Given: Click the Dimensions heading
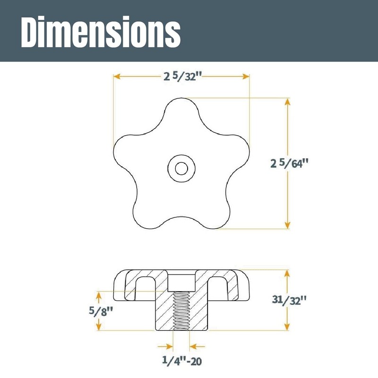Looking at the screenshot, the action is (x=101, y=32).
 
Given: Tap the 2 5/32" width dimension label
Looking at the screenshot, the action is (x=182, y=77).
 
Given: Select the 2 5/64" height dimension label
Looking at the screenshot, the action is (x=289, y=163).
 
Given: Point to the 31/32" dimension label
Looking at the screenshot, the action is (x=289, y=300).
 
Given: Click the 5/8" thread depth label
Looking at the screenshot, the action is (x=101, y=311).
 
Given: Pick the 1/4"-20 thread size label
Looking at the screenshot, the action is (x=182, y=361).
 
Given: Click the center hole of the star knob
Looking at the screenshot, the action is (x=181, y=168).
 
